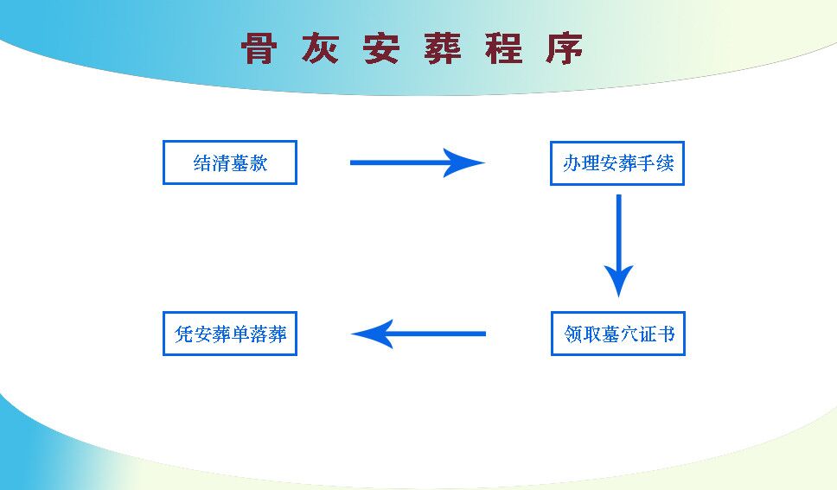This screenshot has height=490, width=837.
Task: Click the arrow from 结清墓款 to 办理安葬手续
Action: click(x=418, y=162)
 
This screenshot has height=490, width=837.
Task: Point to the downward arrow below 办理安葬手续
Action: click(x=619, y=245)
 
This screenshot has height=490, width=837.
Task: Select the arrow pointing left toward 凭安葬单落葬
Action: click(x=418, y=334)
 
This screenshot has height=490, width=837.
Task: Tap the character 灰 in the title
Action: click(x=320, y=48)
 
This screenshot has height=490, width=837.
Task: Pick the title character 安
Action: click(x=381, y=48)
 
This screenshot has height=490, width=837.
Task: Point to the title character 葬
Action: click(x=443, y=48)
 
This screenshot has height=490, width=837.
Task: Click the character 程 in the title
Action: click(x=504, y=48)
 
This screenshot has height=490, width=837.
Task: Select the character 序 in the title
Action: click(x=565, y=48)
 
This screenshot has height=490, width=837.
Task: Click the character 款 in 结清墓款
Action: click(x=259, y=163)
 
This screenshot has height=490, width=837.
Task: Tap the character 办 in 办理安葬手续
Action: click(x=572, y=163)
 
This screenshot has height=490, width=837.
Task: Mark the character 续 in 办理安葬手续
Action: click(x=665, y=163)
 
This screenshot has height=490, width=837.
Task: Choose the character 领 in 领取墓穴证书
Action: click(x=573, y=334)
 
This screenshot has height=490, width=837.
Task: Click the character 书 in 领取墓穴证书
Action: click(x=666, y=334)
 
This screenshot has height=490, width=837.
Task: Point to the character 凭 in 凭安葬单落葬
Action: click(x=183, y=334)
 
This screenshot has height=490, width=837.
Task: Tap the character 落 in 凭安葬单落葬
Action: click(x=259, y=334)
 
